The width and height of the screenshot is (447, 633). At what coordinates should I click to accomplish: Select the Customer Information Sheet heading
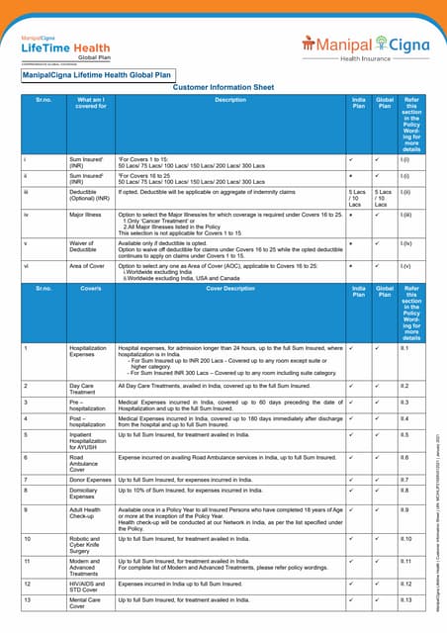pos(223,87)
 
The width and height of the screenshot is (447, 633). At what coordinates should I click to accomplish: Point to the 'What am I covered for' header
pos(90,104)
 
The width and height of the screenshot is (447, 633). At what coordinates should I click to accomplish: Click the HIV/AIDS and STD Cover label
pos(90,588)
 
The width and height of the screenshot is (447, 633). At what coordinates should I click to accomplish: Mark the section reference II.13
pos(404,600)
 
